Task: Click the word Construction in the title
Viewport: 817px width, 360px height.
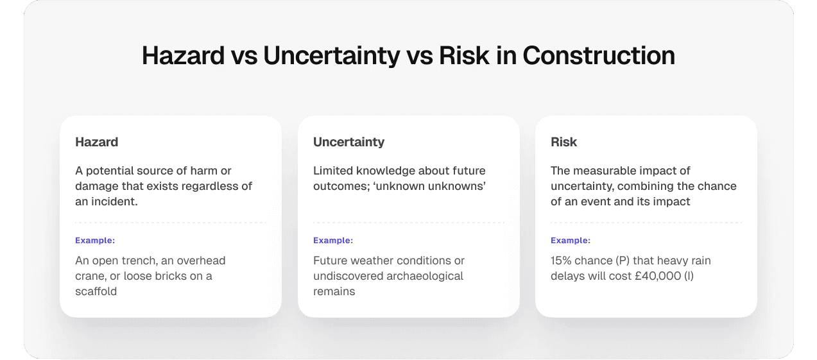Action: pos(598,56)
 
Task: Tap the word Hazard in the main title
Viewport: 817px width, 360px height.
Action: pos(182,56)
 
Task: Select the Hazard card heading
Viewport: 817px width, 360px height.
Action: pos(96,142)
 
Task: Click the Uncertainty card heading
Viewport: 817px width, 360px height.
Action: pos(348,142)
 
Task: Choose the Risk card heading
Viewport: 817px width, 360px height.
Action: pos(563,142)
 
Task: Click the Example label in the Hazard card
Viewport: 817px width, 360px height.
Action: pos(95,241)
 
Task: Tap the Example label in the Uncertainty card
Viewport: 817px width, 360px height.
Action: pos(333,241)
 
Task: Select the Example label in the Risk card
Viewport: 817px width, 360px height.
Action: pos(571,241)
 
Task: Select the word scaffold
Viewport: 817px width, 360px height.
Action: pos(96,291)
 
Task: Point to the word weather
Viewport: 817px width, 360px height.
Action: pos(372,261)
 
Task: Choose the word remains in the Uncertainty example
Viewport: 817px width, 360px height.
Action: pos(334,291)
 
